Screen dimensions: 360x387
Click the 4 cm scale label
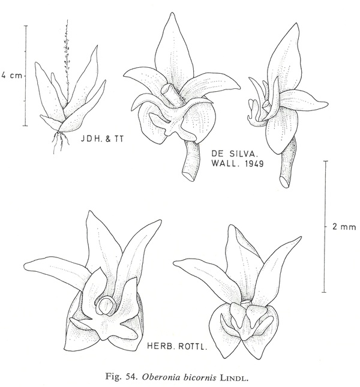pos(11,76)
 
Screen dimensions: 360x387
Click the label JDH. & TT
pos(102,139)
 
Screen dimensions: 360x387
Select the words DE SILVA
pos(235,154)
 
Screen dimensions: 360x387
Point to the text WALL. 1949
pos(238,163)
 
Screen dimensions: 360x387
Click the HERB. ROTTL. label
pos(176,347)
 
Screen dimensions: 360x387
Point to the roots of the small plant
pos(61,142)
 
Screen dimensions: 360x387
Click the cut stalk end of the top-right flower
pos(284,182)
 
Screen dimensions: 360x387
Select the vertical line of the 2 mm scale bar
pos(325,227)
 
